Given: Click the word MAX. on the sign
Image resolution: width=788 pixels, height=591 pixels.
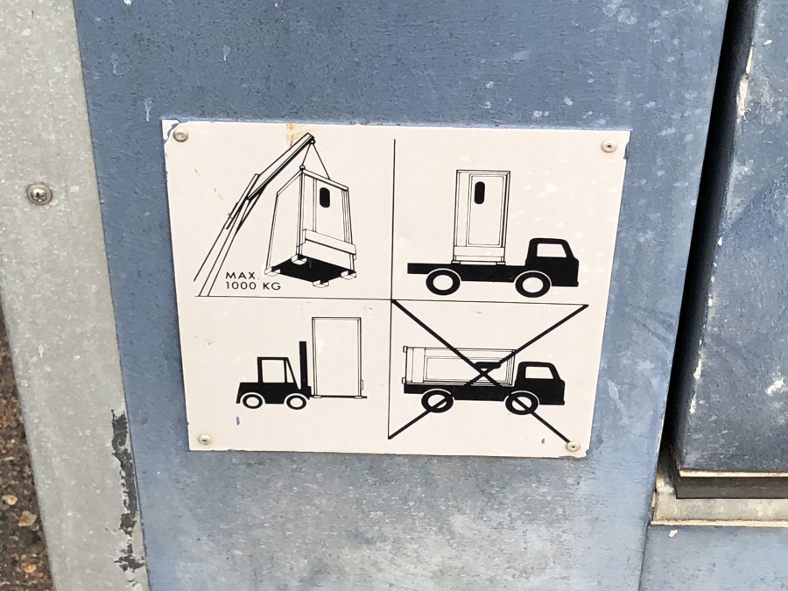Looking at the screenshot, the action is tap(242, 276).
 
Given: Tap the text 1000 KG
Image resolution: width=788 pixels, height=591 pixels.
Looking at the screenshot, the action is tap(253, 286).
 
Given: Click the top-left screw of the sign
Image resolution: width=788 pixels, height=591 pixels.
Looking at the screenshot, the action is tap(179, 135).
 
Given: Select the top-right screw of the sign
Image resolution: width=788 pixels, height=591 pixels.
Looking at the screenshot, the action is tap(609, 146).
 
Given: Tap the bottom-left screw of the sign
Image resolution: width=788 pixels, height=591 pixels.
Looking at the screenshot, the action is tap(204, 440).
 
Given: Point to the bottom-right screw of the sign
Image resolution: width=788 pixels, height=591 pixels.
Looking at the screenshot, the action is tap(573, 446).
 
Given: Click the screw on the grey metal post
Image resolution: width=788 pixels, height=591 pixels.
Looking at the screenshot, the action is tap(39, 193).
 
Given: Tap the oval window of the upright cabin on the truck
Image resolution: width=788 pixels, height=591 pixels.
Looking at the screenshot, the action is tap(480, 193).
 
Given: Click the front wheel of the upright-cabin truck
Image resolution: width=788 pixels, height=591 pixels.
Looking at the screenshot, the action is tap(532, 284).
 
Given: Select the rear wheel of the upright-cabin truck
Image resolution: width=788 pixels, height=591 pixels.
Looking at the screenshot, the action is tap(442, 282).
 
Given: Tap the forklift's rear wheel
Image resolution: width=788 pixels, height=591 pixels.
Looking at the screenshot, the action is tap(251, 400).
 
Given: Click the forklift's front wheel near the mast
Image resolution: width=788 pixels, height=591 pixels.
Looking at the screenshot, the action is tap(296, 400).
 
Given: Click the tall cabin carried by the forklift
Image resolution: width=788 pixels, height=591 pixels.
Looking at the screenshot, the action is tap(336, 356).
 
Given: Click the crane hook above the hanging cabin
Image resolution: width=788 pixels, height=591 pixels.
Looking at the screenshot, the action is tap(303, 167).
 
